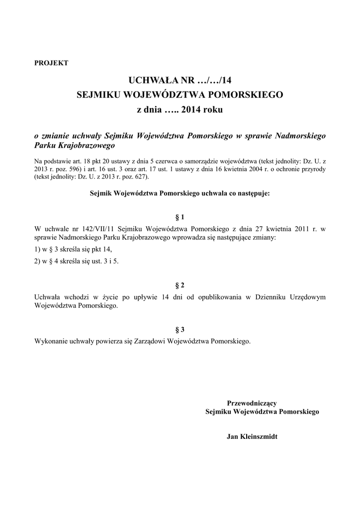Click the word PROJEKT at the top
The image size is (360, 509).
(x=51, y=63)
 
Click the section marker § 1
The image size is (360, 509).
(x=180, y=217)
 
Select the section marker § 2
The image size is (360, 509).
(x=180, y=285)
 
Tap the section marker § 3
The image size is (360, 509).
(x=180, y=330)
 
